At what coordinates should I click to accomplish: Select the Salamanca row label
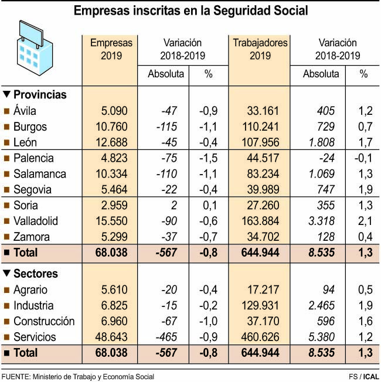40,174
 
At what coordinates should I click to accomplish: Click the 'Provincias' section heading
39,94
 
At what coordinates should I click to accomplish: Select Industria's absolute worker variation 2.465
322,305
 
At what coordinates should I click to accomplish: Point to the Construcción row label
44,321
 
